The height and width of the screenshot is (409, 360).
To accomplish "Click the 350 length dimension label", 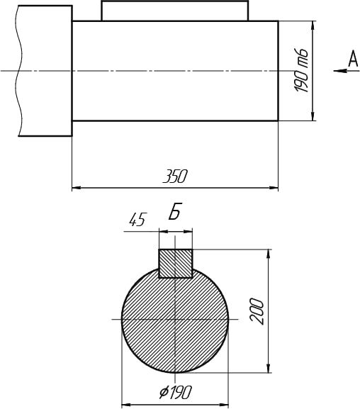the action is coord(175,177).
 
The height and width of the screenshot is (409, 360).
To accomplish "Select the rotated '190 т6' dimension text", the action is coord(301,70).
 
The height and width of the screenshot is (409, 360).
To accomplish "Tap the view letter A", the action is coord(353,59).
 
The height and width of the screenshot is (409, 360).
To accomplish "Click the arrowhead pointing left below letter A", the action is coord(340,70).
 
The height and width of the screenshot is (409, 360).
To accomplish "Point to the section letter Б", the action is coord(174,211).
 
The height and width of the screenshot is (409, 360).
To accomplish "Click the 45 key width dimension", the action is coord(137,220).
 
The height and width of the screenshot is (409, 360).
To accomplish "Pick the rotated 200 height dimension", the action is coord(257,311).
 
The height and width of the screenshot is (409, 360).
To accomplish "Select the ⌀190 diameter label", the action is coord(176,392).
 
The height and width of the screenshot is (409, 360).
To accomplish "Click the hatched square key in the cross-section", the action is coord(176,264).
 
